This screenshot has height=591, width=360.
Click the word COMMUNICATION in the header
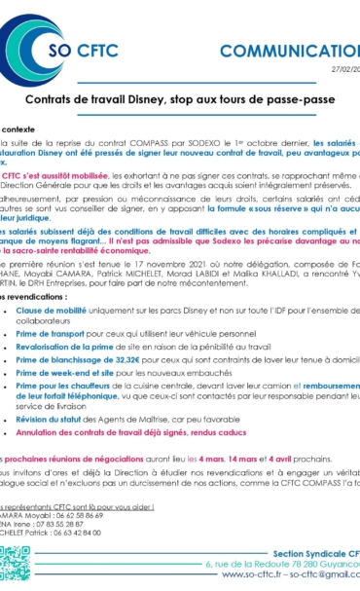292,51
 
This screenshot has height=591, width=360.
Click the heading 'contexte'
19,129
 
